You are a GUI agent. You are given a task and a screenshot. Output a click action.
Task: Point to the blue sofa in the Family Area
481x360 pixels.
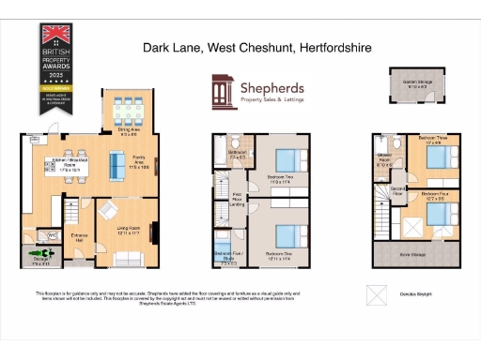point(116,166)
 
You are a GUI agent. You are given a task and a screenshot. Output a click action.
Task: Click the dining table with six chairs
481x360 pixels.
point(129,111)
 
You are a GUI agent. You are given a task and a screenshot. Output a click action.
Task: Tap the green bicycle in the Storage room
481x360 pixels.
point(39,253)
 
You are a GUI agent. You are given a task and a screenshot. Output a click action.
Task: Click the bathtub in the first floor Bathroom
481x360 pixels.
point(235,160)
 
